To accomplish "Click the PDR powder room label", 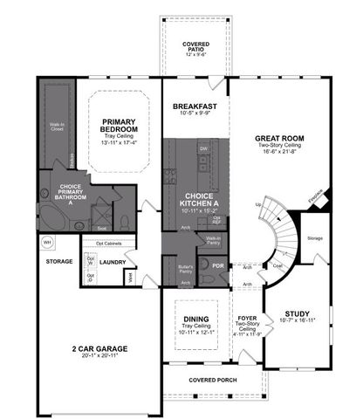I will pyautogui.click(x=217, y=265).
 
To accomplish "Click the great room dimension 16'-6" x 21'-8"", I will pyautogui.click(x=278, y=153).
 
